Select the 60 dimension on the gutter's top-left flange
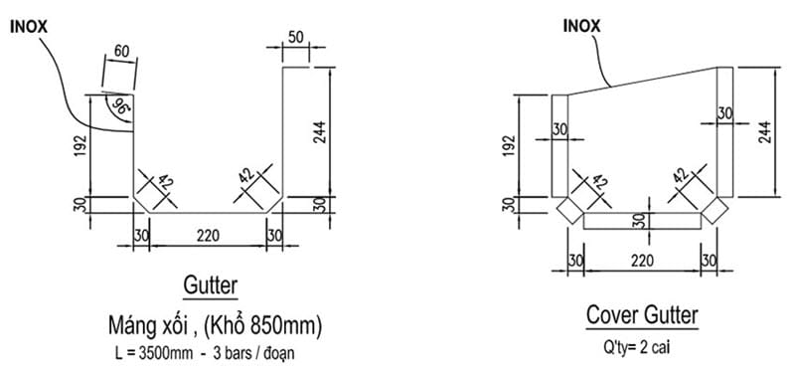(x=121, y=52)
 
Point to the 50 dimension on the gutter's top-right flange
(x=295, y=38)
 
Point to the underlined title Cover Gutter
(x=642, y=316)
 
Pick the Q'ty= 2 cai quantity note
(x=642, y=349)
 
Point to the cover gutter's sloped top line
(x=636, y=81)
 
